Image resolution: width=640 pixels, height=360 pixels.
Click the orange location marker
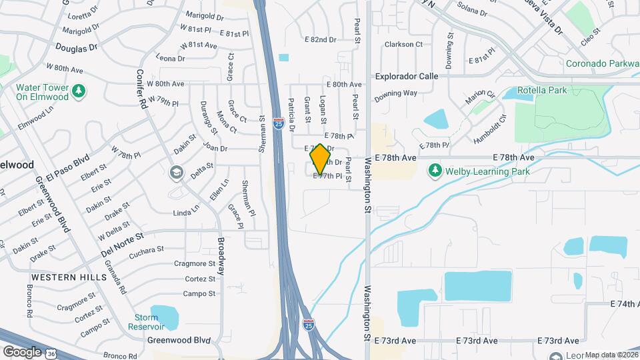[x=320, y=159]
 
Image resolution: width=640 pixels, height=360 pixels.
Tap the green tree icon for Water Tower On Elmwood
[x=79, y=91]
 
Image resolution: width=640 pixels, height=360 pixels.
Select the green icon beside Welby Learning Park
[x=435, y=171]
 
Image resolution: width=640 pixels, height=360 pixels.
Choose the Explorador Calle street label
[x=406, y=76]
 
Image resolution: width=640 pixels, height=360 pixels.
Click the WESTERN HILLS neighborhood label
[x=68, y=277]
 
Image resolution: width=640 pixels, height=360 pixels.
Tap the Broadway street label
[x=220, y=257]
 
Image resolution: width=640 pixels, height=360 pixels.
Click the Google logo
[x=22, y=351]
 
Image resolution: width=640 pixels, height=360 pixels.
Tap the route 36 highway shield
[x=51, y=354]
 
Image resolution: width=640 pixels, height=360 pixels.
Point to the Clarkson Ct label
[x=404, y=45]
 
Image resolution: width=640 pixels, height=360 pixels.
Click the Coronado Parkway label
[x=602, y=64]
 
